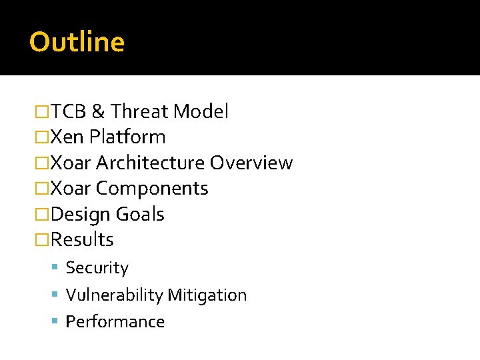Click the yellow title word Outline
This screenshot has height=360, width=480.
(x=77, y=42)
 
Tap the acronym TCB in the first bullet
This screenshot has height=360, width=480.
(x=69, y=111)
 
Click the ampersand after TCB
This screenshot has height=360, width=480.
(x=97, y=111)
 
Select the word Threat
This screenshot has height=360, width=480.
(x=139, y=111)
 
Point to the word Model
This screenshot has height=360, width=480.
(x=201, y=111)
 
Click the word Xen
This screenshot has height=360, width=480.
(x=67, y=137)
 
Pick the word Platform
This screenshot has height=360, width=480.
(x=127, y=137)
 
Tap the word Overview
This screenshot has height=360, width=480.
(x=251, y=163)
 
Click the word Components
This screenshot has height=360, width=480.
(x=152, y=189)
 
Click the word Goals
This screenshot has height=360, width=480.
(x=140, y=215)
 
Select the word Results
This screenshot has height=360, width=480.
(x=82, y=239)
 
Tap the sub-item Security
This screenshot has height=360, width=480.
(x=97, y=268)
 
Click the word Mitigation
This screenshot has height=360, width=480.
(x=207, y=295)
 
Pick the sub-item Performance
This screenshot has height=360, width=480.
(x=115, y=322)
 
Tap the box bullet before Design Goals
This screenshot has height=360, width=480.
(x=42, y=215)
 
